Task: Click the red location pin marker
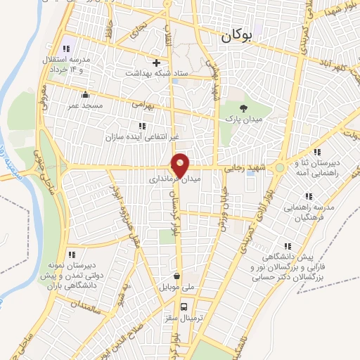[181, 165]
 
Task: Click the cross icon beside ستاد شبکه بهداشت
[156, 63]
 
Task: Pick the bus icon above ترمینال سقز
[184, 307]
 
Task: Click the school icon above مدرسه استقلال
[65, 49]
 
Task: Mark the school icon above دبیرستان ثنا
[318, 151]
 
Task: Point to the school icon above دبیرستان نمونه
[71, 255]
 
